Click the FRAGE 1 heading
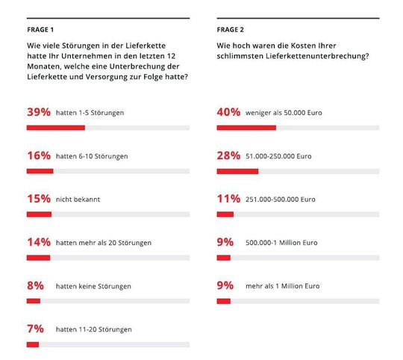(40, 30)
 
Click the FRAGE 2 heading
(230, 30)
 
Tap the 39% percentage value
(38, 112)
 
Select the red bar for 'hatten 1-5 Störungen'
(55, 128)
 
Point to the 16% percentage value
(38, 155)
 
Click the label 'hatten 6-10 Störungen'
(92, 156)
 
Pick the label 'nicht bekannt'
(78, 199)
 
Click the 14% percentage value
(38, 242)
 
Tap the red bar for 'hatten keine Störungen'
(33, 301)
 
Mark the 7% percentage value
(35, 329)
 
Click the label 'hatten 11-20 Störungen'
(93, 329)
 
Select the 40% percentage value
(228, 112)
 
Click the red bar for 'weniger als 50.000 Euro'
(246, 128)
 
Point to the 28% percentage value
(228, 155)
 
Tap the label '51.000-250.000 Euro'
(278, 156)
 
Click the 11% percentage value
(228, 199)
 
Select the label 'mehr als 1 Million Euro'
(282, 286)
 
